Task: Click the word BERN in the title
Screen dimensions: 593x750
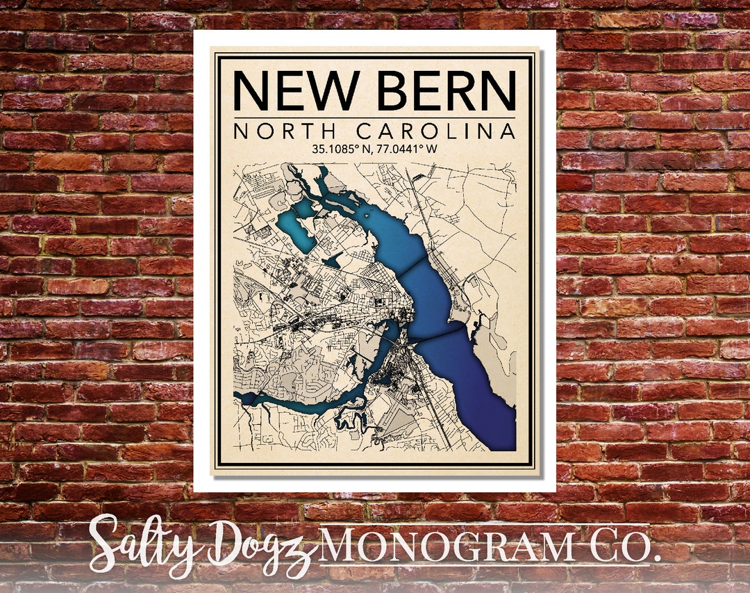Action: tap(449, 90)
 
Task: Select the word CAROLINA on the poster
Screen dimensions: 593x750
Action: tap(436, 131)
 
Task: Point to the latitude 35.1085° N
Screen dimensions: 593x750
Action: tap(337, 148)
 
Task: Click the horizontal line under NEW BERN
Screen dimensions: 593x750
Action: tap(374, 117)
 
